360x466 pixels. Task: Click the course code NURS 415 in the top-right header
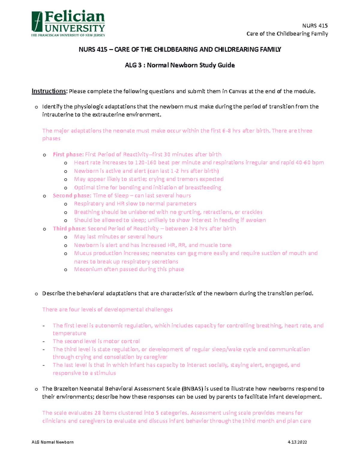click(315, 26)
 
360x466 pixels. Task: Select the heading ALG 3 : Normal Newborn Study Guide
click(180, 65)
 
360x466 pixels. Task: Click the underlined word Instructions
click(49, 91)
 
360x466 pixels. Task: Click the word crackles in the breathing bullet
click(252, 212)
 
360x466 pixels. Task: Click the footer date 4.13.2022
click(297, 442)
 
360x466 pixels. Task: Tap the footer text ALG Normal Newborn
click(52, 442)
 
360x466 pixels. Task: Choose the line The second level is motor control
click(96, 341)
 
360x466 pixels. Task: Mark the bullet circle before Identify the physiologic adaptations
click(36, 107)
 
